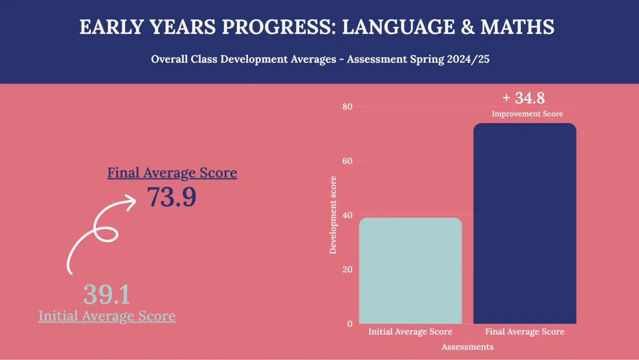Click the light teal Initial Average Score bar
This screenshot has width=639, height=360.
tap(410, 271)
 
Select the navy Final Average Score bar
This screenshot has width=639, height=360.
tap(525, 224)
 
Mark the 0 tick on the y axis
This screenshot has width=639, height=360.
tap(349, 323)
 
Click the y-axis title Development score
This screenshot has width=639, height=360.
tap(333, 215)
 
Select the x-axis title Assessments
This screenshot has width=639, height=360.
tap(467, 347)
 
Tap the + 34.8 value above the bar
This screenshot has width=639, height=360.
tap(524, 97)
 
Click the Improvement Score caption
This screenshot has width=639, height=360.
tap(527, 114)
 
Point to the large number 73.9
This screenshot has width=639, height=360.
tap(171, 197)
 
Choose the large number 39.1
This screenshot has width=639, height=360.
tap(106, 294)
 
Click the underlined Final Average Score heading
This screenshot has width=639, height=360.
tap(172, 173)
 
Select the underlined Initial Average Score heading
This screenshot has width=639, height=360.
tap(107, 316)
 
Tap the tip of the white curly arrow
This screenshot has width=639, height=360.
tap(134, 203)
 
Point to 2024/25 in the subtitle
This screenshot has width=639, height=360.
tap(468, 59)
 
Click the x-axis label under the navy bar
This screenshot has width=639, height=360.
tap(524, 332)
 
